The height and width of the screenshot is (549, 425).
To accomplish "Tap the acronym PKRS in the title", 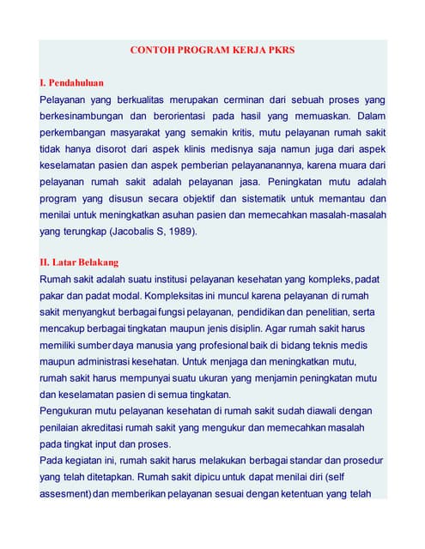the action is [280, 51].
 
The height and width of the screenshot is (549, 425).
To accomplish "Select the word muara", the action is [340, 166].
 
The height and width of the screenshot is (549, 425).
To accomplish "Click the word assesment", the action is [65, 493].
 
